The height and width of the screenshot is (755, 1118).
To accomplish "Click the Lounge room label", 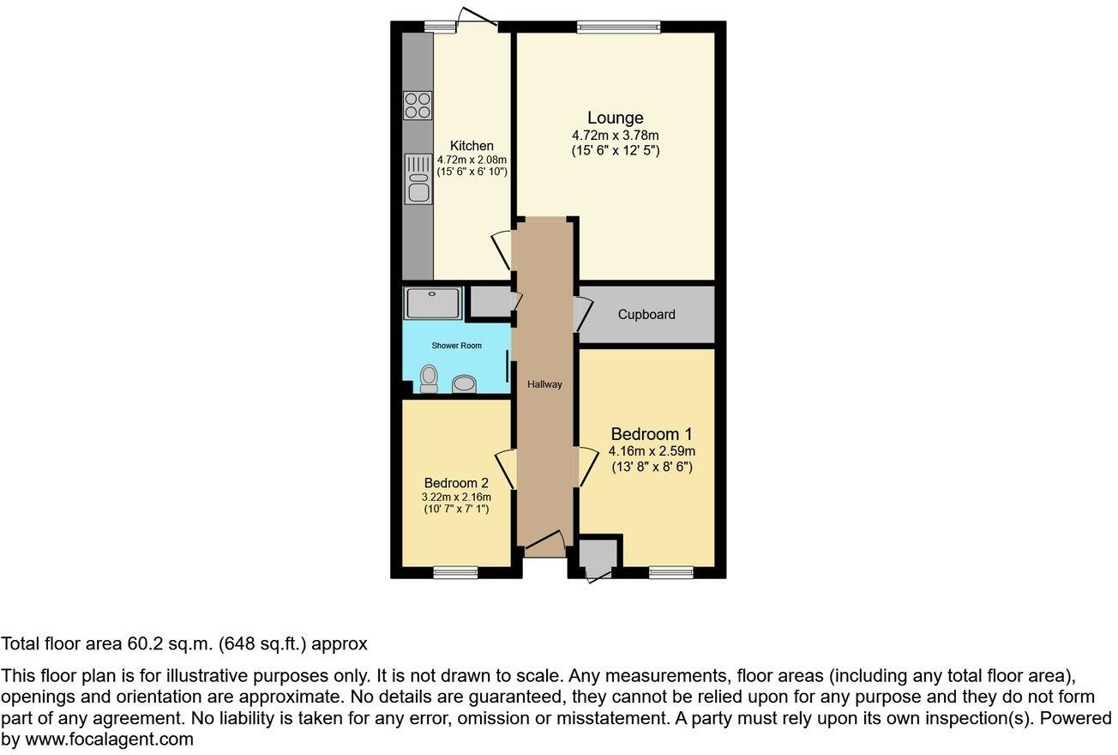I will point(615,118).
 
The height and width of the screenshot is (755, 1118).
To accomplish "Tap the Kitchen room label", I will point(472,146).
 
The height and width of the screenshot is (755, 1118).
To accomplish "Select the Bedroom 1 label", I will point(651,434).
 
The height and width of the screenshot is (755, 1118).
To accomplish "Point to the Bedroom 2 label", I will point(454,483).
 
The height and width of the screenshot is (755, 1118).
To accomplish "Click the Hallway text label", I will point(544,384).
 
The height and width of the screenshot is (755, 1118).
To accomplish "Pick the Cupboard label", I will point(646,315).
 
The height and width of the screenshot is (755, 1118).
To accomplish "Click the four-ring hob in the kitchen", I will point(418,106).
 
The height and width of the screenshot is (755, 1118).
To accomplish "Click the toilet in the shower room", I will point(429,379).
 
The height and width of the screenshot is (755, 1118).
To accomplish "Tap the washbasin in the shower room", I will point(465,384).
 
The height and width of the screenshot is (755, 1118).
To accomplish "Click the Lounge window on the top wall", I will point(618,27).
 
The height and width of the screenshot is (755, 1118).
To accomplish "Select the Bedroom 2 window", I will point(454,572).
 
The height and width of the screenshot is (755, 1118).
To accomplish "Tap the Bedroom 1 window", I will point(670,572).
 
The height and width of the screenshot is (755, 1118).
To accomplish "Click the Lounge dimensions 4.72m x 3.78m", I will point(615,136).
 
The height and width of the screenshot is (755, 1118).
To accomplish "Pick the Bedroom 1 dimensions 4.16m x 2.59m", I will point(651,451).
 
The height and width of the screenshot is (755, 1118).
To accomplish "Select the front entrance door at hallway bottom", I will point(545,542).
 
